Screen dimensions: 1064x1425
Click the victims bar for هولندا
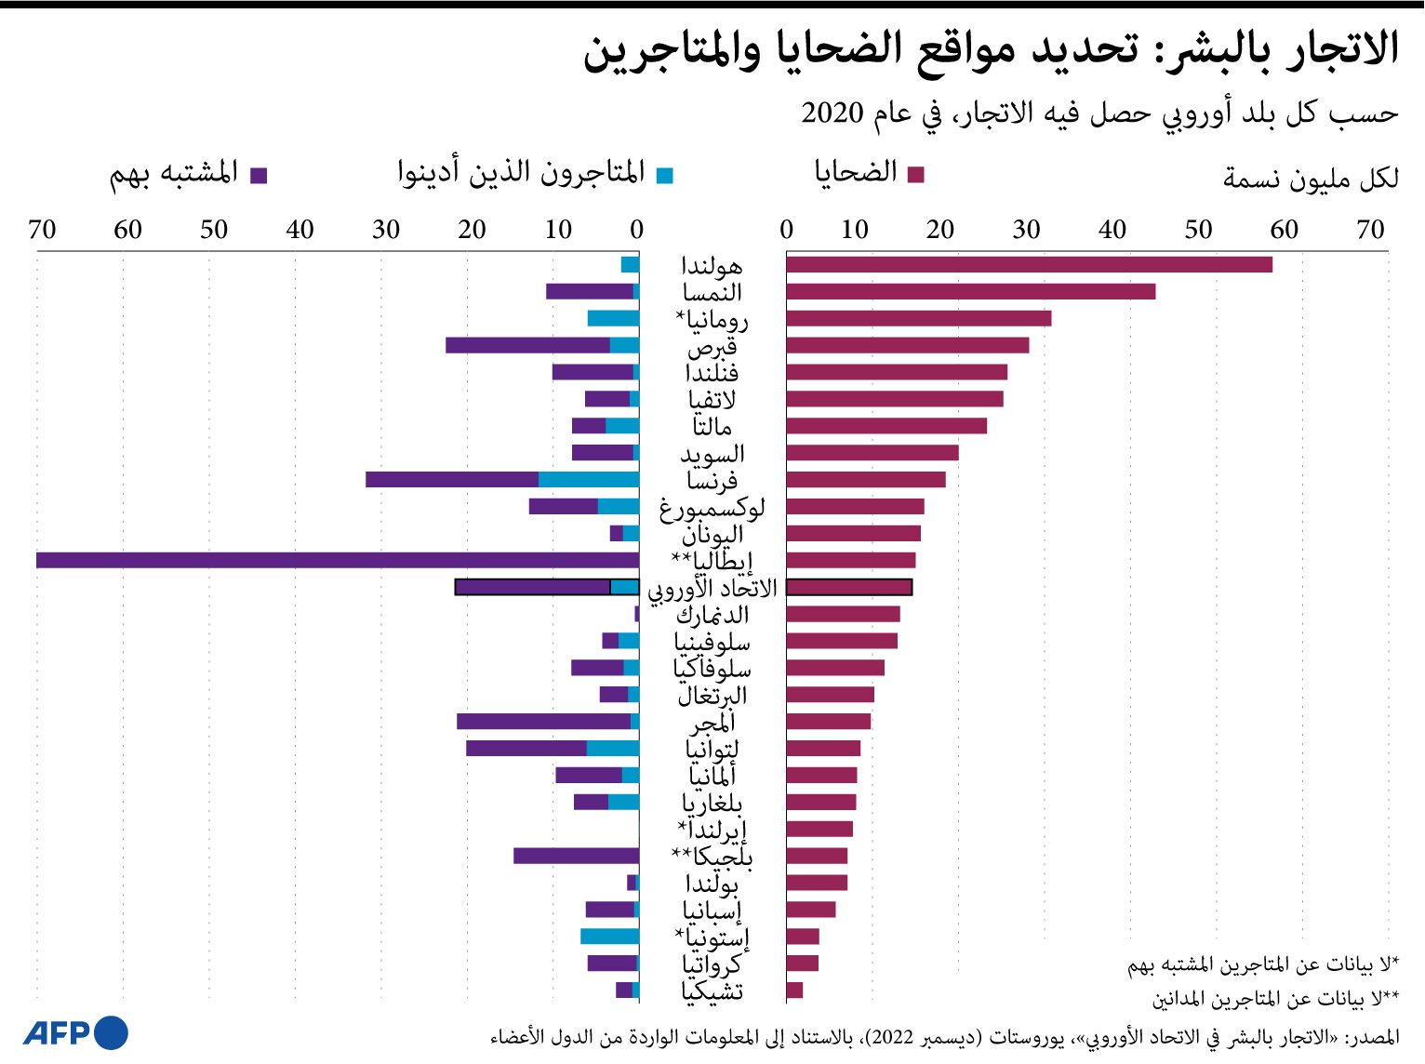point(1028,265)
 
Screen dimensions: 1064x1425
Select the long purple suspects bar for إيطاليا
point(337,560)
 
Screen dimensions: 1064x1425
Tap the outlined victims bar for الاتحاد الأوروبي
point(848,587)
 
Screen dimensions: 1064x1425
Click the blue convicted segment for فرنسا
point(588,480)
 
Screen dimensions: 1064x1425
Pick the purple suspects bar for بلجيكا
point(576,856)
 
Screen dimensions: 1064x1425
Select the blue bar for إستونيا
point(609,936)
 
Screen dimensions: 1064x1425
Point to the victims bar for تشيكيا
point(794,990)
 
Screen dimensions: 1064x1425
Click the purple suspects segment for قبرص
point(527,345)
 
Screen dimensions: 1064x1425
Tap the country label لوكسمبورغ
point(712,508)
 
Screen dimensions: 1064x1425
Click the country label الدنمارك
point(712,615)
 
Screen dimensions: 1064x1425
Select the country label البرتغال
point(712,696)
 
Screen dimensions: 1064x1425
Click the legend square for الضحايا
point(915,175)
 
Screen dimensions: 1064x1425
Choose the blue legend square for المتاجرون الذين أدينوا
point(664,175)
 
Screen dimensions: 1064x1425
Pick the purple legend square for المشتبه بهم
point(260,175)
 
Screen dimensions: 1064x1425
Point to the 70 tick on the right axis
point(1370,230)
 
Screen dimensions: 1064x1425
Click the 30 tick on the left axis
point(385,230)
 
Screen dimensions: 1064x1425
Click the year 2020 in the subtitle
point(832,113)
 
